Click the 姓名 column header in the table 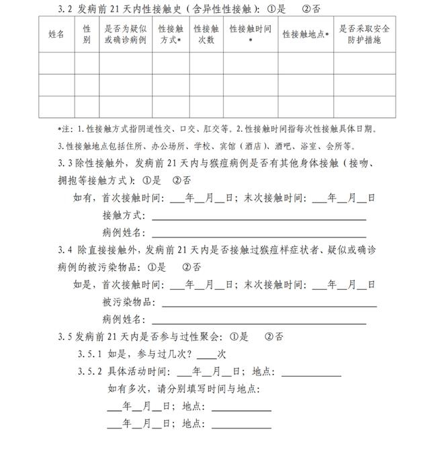(57, 34)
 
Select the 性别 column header (87, 34)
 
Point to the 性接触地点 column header (306, 34)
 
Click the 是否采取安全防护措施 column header (364, 34)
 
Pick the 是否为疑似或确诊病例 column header (126, 34)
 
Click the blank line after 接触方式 (259, 217)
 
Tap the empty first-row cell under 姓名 (57, 63)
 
